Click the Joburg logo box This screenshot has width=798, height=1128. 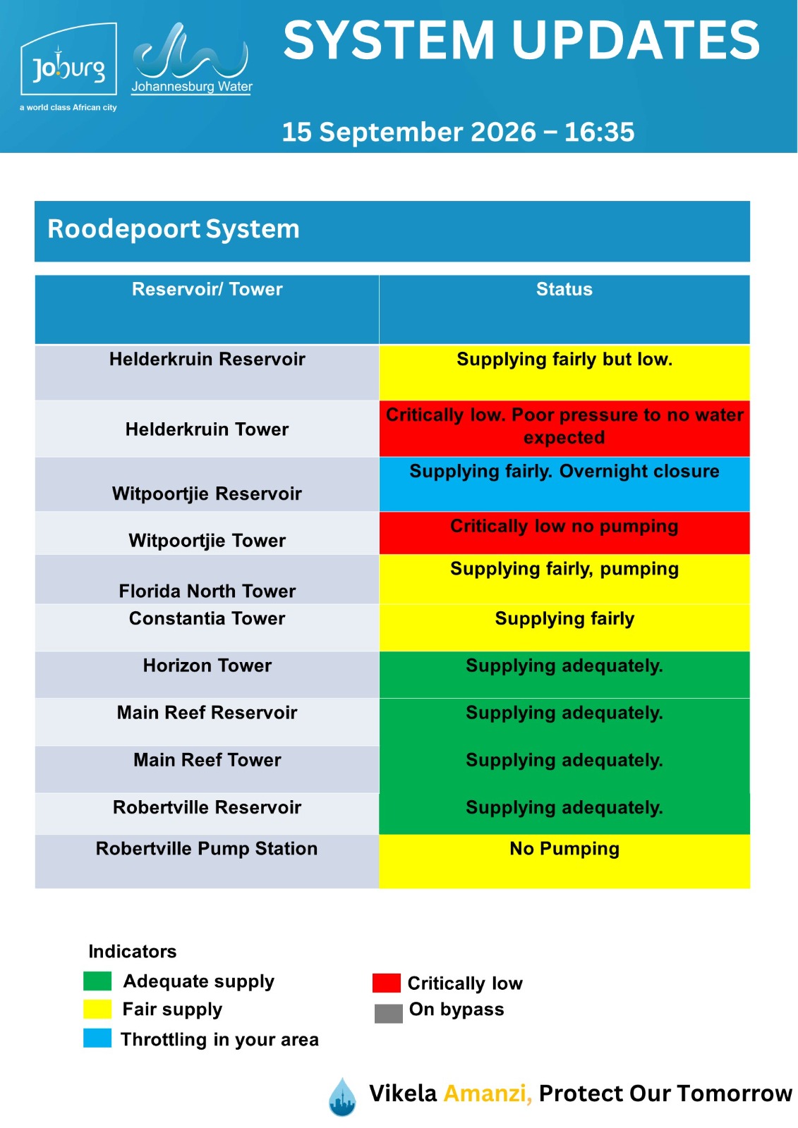(68, 59)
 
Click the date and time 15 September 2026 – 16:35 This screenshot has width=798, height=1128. (458, 132)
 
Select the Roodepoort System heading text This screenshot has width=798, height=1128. (174, 229)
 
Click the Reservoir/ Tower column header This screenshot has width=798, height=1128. (207, 290)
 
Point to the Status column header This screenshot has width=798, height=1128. (564, 290)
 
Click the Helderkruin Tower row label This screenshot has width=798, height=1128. (207, 429)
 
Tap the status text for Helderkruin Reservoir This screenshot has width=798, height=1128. (564, 360)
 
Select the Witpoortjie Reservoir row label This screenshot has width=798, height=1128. (207, 494)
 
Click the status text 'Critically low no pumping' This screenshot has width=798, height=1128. (564, 526)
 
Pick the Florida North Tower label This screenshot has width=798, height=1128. (207, 591)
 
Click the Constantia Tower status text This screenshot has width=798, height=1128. (564, 619)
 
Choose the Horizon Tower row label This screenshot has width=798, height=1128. (207, 666)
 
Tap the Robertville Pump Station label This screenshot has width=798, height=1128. (207, 849)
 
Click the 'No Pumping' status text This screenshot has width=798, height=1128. (564, 849)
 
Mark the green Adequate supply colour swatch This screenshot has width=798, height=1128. (97, 981)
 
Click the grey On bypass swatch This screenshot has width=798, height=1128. (389, 1014)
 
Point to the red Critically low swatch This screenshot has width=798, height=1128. (387, 983)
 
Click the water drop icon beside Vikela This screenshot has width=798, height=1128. (342, 1097)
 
